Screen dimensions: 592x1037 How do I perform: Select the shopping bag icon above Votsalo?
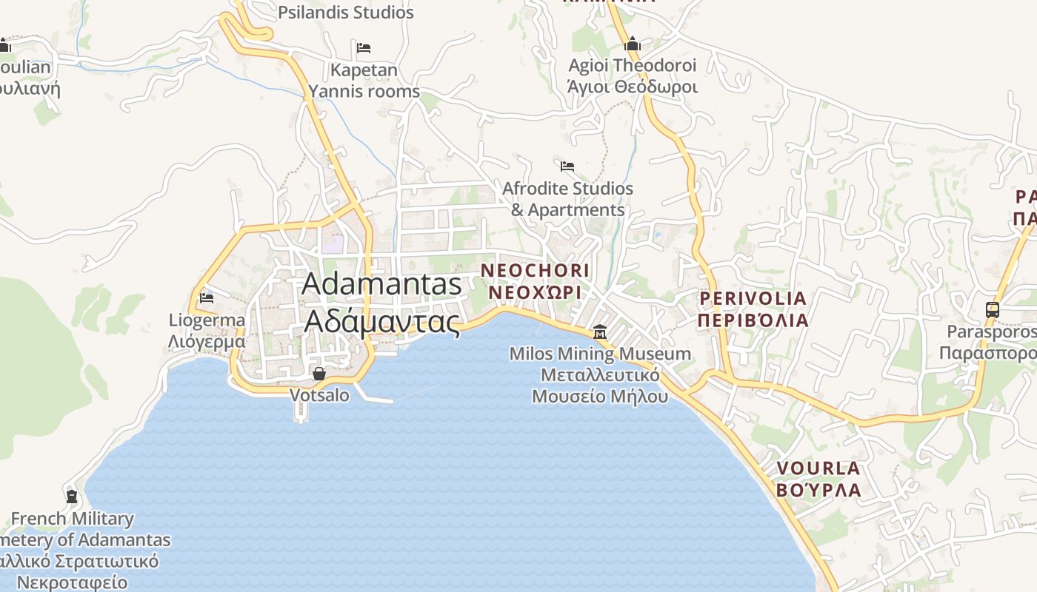click(x=319, y=374)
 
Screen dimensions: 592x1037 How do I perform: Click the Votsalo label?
click(x=319, y=395)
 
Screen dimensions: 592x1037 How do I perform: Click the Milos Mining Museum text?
click(x=600, y=354)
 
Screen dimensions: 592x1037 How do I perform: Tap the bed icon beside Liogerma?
click(x=207, y=298)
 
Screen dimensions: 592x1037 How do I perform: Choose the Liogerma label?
click(x=207, y=320)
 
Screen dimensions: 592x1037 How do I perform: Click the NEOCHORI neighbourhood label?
click(x=536, y=270)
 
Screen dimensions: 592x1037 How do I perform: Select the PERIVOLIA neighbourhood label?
click(x=753, y=298)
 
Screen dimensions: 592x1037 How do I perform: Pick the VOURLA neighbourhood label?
click(x=818, y=468)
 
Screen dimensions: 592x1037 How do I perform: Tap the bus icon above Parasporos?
click(x=993, y=310)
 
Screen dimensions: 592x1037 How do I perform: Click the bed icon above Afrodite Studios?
click(x=567, y=166)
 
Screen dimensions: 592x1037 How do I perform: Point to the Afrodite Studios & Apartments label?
click(x=567, y=199)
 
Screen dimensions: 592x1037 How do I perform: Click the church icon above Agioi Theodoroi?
click(x=632, y=44)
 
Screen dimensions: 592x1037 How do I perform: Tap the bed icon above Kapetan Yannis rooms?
click(x=364, y=48)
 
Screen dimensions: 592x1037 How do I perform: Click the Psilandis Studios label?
click(x=346, y=13)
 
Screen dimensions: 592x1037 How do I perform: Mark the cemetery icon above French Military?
click(x=72, y=496)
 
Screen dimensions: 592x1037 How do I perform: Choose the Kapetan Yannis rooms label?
click(x=364, y=81)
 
